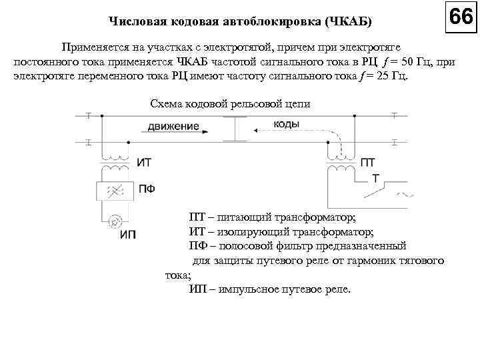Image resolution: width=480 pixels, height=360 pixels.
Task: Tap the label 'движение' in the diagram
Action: pos(174,125)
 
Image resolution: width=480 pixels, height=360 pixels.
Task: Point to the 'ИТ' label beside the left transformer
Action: pos(144,162)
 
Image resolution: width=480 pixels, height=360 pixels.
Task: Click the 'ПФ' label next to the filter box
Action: pos(147,189)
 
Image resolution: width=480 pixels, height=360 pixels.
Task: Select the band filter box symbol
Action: pos(116,191)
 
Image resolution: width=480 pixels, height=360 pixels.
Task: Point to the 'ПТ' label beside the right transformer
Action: pos(367,162)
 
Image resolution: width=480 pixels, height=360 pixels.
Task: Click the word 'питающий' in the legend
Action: pos(249,218)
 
